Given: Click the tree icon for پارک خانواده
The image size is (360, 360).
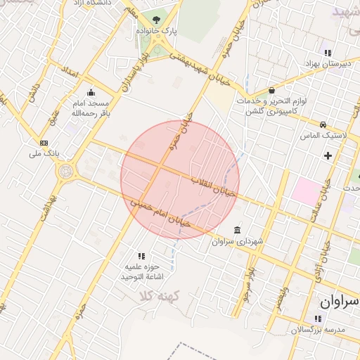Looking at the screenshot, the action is (156, 20).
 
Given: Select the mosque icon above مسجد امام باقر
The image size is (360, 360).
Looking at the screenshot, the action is (90, 93).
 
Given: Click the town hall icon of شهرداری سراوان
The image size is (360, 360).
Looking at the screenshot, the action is (236, 231).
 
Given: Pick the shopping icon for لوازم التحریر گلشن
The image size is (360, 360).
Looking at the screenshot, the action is (271, 91).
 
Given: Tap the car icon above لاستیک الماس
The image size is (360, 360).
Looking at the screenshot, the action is (323, 124).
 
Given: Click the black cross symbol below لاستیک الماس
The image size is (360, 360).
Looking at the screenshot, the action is (328, 155).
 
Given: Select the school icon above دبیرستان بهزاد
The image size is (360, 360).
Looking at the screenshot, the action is (326, 53).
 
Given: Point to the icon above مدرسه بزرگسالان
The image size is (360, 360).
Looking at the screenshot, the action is (318, 319).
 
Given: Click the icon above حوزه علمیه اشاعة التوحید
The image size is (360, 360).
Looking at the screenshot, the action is (141, 256).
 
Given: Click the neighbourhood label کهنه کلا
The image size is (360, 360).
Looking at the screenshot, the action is (160, 296).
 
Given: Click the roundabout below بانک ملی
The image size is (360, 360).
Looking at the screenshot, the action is (67, 171).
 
